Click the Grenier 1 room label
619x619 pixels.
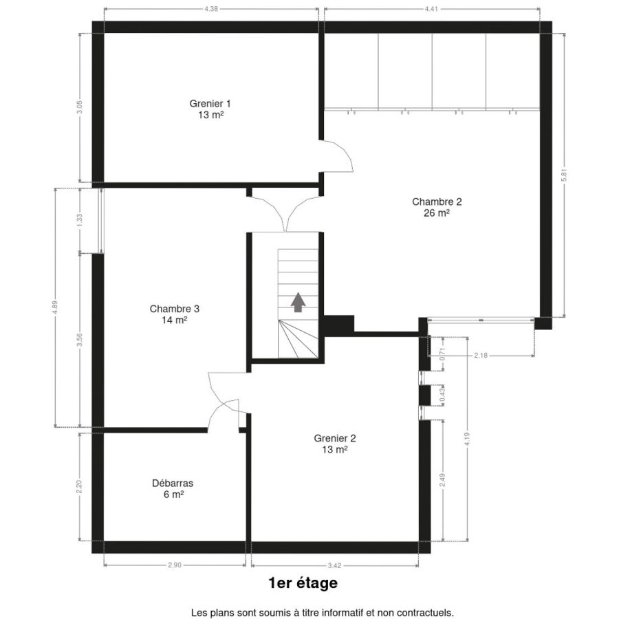coord(210,109)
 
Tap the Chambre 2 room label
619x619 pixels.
coord(437,207)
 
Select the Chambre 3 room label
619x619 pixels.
coord(174,314)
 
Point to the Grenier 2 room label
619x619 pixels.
coord(335,444)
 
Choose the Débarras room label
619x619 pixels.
coord(173,489)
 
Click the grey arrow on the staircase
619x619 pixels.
coord(298,303)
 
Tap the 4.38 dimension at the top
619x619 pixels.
coord(211,9)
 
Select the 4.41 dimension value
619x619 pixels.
coord(431,9)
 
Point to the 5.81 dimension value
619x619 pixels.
coord(564,175)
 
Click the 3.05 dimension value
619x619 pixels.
coord(80,107)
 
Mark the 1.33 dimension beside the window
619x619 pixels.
coord(80,220)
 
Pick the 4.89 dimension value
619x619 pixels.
coord(55,307)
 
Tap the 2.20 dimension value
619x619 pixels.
coord(80,487)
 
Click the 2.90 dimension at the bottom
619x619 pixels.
coord(175,565)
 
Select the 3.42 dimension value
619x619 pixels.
coord(334,566)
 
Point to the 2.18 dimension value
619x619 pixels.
coord(481,356)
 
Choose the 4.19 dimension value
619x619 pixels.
coord(468,439)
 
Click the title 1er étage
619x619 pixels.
coord(303,583)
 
